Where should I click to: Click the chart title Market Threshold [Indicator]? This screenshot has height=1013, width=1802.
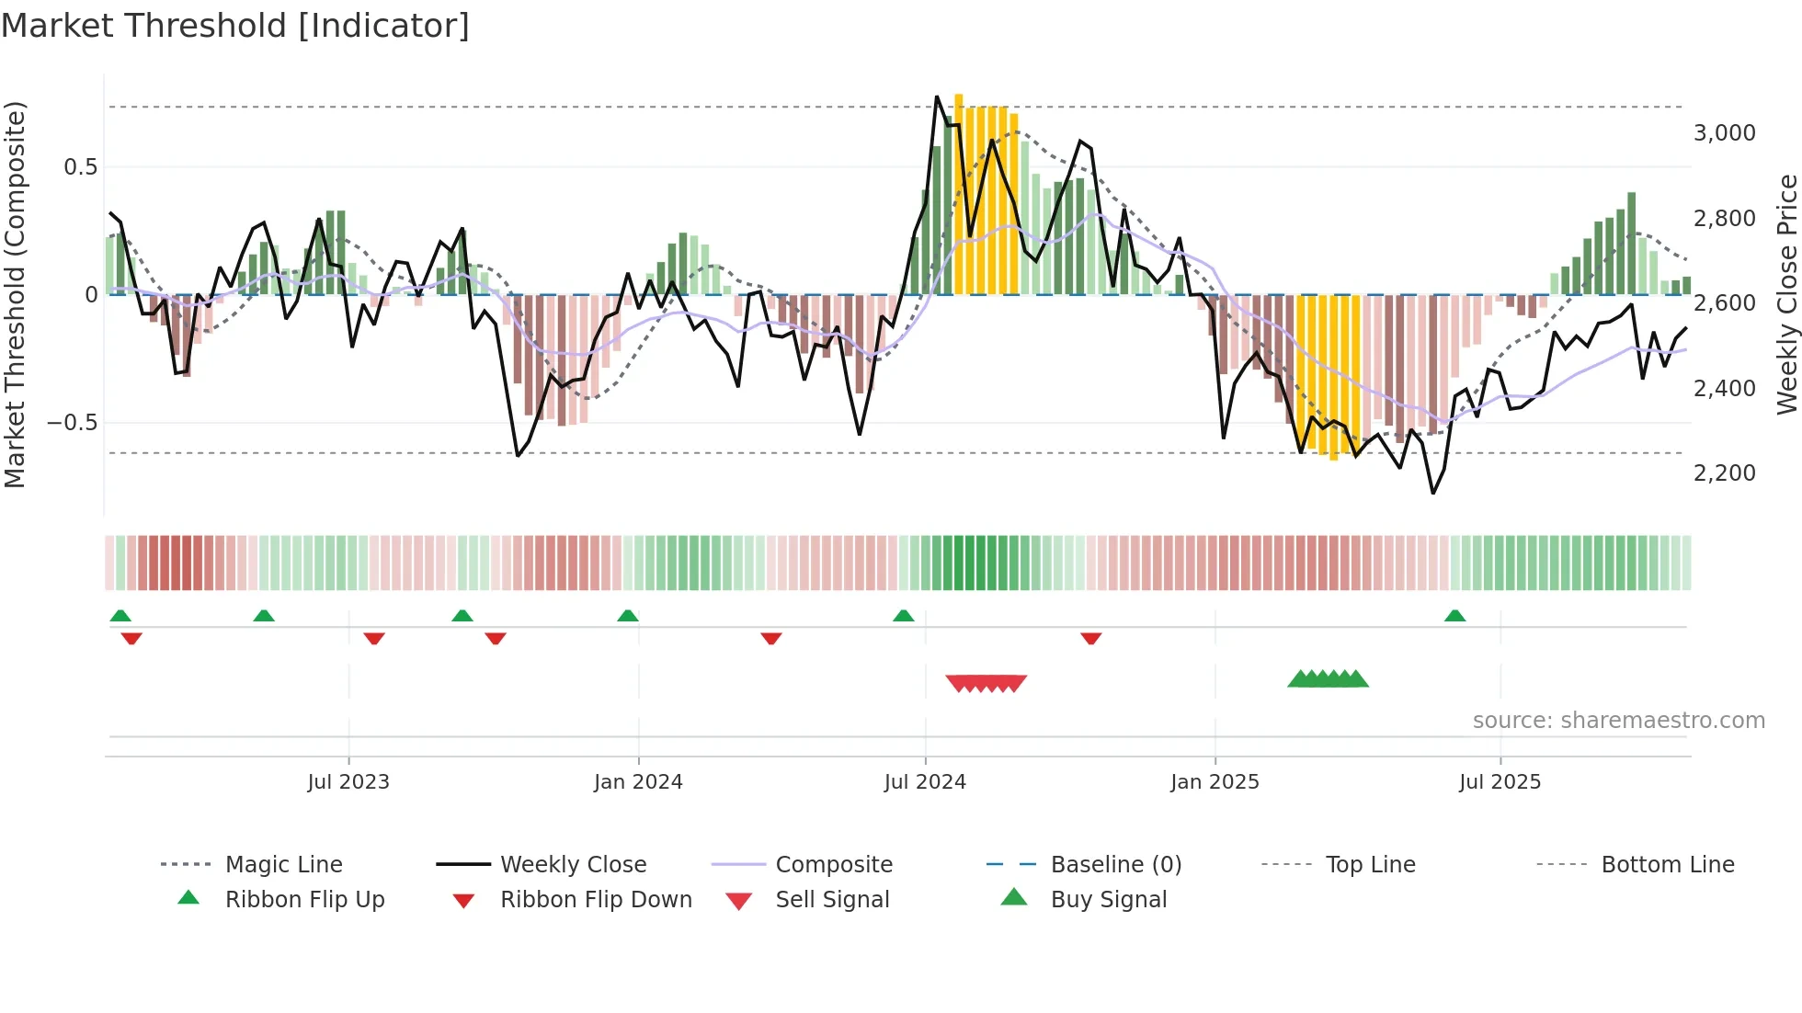(x=235, y=26)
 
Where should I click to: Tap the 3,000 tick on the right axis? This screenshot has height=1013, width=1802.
(x=1724, y=133)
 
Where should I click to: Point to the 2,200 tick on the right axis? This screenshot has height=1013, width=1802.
(x=1724, y=473)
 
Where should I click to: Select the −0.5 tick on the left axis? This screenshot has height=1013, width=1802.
(x=72, y=423)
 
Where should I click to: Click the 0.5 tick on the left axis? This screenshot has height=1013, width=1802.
(x=80, y=167)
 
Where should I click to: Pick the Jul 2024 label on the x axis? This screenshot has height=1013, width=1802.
(x=925, y=782)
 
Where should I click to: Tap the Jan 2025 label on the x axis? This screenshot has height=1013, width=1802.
(x=1215, y=782)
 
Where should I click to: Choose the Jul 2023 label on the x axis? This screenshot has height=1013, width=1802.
(x=348, y=782)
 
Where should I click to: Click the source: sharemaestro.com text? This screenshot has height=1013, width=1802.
(x=1618, y=721)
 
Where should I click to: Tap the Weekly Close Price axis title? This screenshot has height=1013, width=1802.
(x=1786, y=294)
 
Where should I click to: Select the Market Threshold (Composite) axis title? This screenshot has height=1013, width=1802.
(x=15, y=294)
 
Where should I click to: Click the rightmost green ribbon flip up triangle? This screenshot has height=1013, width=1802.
(x=1454, y=616)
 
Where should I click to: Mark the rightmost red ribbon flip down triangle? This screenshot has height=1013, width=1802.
(x=1091, y=638)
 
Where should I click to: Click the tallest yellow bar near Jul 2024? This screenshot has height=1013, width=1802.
(x=959, y=193)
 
